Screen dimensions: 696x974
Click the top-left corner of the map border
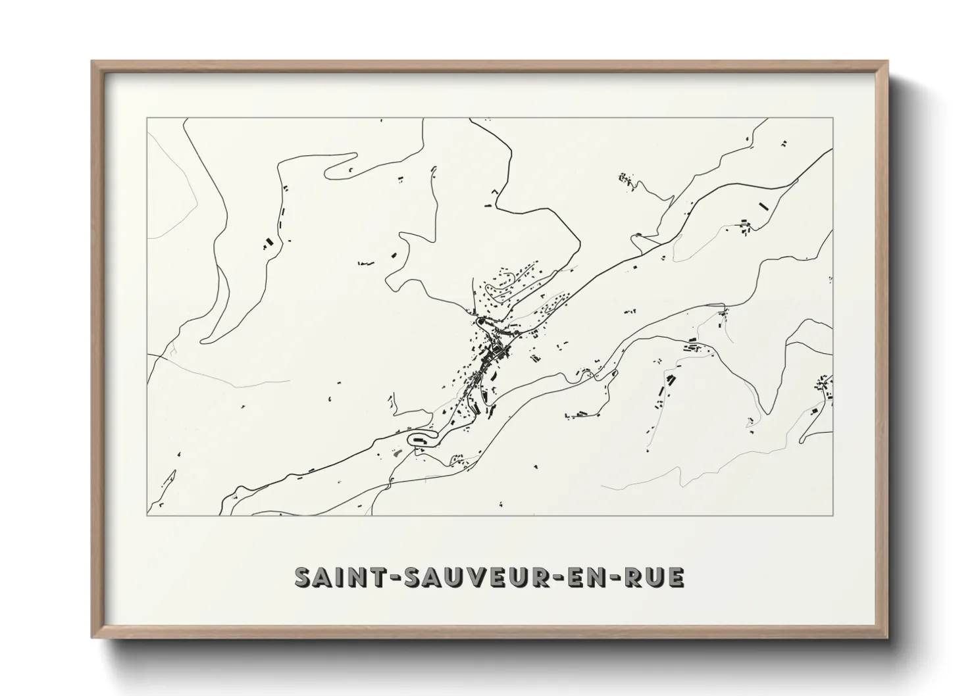tap(147, 118)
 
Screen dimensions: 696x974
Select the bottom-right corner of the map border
tap(833, 515)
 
